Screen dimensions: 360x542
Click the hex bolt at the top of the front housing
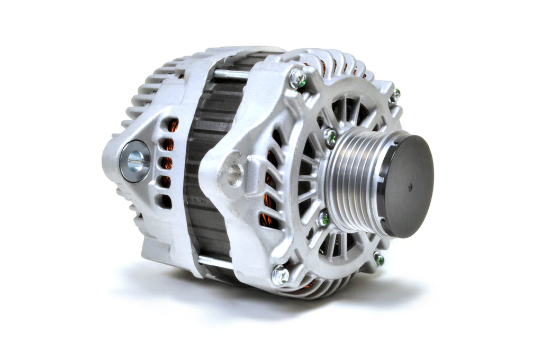coord(297,79)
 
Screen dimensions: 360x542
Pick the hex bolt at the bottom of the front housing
coord(280,275)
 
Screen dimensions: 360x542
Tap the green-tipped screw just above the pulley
coord(330,137)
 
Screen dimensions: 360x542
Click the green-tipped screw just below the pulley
coord(322,218)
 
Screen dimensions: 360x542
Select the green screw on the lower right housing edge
coord(378,259)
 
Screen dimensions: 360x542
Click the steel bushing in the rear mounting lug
coord(134,161)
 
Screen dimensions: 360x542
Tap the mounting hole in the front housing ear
coord(234,174)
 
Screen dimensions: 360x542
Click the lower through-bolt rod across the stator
coord(214,260)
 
